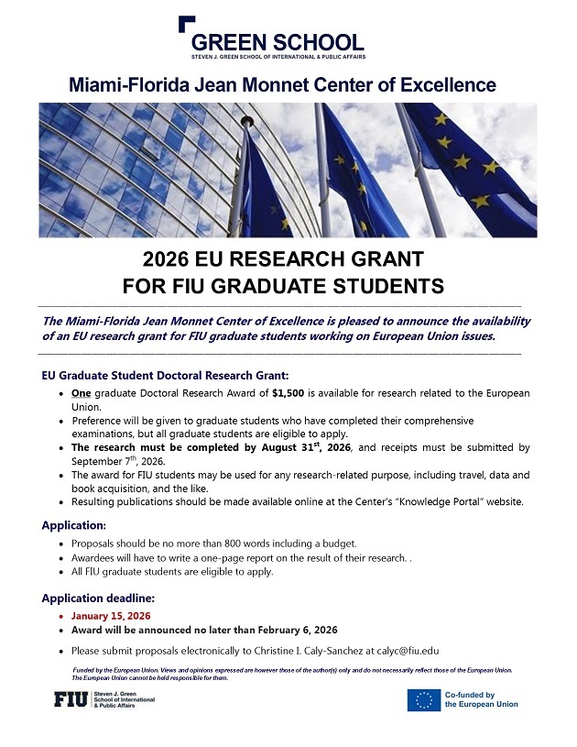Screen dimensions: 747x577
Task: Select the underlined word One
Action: [81, 393]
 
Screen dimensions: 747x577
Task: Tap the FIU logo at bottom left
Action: [71, 700]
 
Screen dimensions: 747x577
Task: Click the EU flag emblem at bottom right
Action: [424, 700]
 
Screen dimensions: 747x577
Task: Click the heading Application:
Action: [73, 525]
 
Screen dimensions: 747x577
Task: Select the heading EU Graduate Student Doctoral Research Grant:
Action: [166, 375]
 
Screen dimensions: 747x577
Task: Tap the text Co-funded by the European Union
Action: [481, 700]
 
